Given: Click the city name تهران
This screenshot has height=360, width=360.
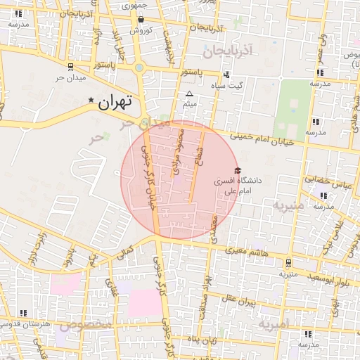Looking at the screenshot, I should (115, 103).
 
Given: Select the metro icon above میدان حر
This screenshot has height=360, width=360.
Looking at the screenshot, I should (70, 66).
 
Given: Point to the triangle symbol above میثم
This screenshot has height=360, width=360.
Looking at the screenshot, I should (188, 94).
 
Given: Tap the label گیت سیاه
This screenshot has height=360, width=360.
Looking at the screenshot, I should (231, 84).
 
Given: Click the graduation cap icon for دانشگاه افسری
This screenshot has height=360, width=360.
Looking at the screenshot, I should (237, 171).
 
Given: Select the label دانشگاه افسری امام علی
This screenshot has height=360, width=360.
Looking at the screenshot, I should (238, 185).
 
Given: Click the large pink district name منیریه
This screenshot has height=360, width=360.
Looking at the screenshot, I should (289, 206).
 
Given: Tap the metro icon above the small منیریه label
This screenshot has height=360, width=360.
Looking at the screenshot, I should (288, 263).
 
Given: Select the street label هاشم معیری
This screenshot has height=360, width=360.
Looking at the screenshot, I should (245, 251).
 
